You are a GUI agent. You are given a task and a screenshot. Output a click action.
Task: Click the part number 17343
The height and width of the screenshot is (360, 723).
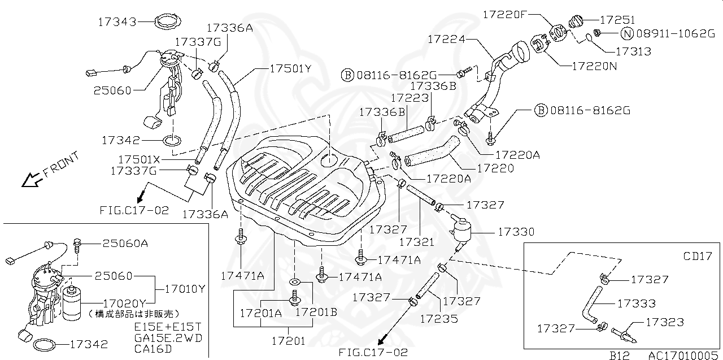tap(117, 22)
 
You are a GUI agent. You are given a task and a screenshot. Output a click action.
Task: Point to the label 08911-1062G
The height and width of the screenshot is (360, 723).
tap(676, 33)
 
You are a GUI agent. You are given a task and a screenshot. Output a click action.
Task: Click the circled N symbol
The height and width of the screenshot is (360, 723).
tap(628, 33)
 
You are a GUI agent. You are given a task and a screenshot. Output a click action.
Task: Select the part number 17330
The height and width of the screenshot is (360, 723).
tap(516, 232)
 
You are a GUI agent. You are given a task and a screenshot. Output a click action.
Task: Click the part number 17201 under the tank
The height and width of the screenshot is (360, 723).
tap(289, 341)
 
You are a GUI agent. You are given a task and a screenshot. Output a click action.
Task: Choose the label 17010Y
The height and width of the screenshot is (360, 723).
tap(185, 288)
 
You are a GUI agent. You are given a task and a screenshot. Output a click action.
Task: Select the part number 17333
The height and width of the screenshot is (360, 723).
tap(637, 303)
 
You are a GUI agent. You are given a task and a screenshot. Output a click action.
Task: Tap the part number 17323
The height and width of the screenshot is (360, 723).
tap(664, 322)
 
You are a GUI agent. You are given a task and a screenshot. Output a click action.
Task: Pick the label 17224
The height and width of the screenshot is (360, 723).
tap(446, 39)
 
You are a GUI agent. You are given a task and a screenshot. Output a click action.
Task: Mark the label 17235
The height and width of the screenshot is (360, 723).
tap(438, 318)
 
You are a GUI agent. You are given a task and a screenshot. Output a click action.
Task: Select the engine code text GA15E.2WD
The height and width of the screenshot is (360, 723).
tap(168, 338)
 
